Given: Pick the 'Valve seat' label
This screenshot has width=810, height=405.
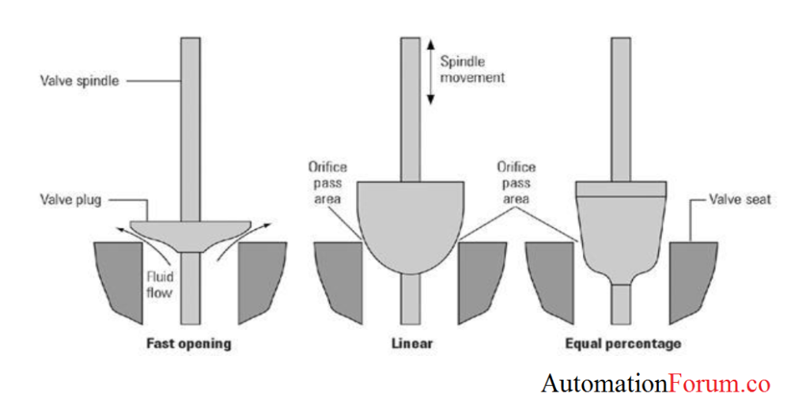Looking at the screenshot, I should tap(740, 200).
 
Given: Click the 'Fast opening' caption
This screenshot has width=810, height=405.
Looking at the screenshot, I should tap(188, 345).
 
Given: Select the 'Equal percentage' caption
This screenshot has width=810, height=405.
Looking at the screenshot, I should tap(623, 345).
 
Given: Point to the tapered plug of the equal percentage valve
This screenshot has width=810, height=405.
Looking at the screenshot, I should tap(622, 233).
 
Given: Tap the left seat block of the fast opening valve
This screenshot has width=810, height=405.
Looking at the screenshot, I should tap(119, 277).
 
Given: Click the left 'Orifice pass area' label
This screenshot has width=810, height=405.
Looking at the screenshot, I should tap(327, 183).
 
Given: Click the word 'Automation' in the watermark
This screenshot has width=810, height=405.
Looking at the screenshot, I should tap(604, 384).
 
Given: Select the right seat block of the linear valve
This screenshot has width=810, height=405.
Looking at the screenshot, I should tap(481, 277).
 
